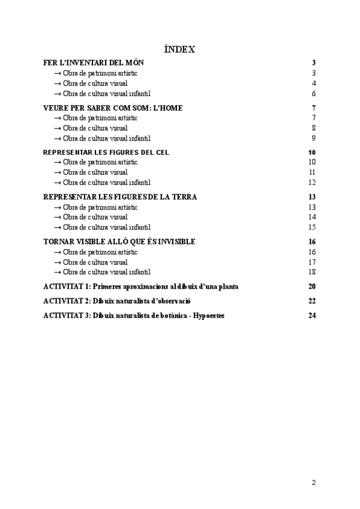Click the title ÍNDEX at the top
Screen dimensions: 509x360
click(x=179, y=50)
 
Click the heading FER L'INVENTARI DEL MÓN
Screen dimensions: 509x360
click(x=94, y=63)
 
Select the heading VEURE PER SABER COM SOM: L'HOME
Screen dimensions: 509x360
click(x=113, y=108)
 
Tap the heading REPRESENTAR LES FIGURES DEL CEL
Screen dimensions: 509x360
click(x=106, y=152)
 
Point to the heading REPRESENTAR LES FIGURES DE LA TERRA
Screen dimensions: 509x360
click(x=120, y=197)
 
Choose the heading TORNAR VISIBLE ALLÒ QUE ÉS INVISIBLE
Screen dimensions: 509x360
click(x=119, y=242)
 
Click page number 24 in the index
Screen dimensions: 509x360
click(x=312, y=316)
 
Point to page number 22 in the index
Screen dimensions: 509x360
click(x=312, y=301)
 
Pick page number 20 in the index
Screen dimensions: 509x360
click(x=312, y=286)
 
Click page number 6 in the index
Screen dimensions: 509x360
click(x=314, y=94)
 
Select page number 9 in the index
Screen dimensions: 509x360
click(x=314, y=138)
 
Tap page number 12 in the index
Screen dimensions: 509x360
click(x=312, y=182)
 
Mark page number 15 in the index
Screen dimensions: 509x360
click(x=312, y=227)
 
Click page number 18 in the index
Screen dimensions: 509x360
click(x=312, y=272)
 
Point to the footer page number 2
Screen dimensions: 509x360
click(x=313, y=482)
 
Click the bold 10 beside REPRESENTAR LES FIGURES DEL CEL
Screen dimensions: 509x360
click(x=312, y=152)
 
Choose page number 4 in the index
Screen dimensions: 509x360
click(x=314, y=83)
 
